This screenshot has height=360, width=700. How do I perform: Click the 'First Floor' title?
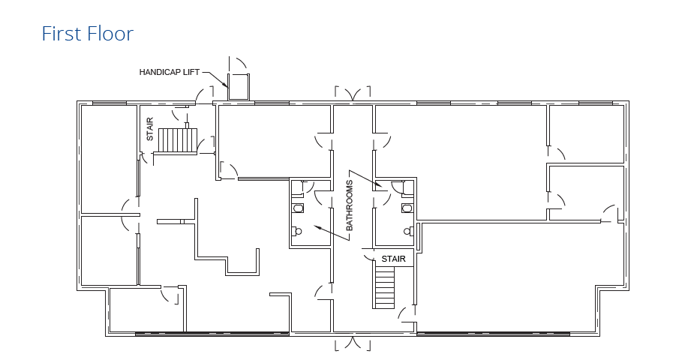(x=88, y=34)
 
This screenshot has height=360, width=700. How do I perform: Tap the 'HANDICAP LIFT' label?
(x=170, y=72)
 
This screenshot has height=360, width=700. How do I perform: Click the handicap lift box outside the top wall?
(x=239, y=87)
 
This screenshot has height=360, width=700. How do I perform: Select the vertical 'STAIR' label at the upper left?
(x=150, y=130)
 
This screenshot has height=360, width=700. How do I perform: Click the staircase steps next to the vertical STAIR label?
(x=176, y=139)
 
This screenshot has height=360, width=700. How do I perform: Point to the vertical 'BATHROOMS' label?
(x=350, y=205)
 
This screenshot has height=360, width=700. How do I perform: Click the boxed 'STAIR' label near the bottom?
(x=393, y=259)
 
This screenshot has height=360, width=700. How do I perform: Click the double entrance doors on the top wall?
(x=353, y=94)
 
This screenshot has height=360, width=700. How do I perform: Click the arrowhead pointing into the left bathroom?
(x=317, y=226)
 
